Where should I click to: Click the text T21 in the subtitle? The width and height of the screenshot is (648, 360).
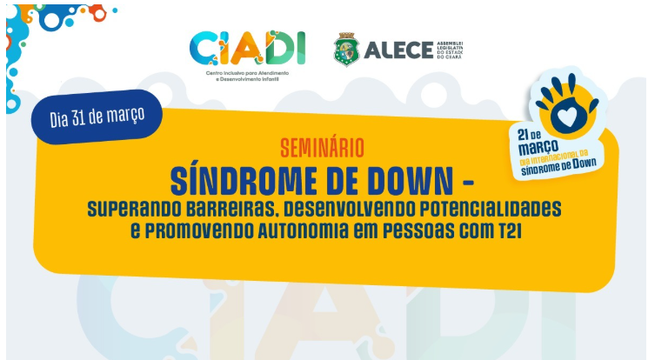(506, 231)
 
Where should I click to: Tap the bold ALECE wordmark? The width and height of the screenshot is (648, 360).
(397, 50)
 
